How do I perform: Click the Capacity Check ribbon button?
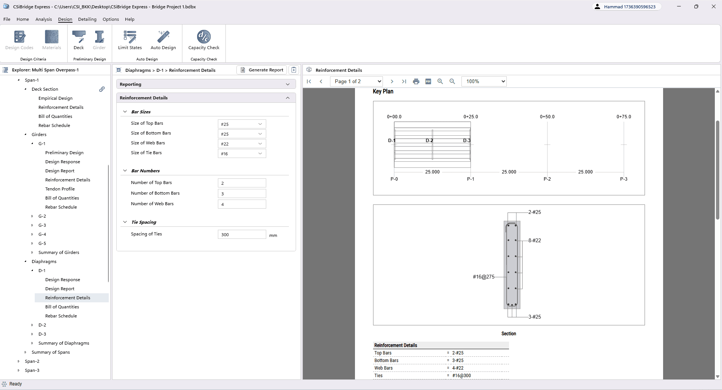204,40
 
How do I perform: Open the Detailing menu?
87,19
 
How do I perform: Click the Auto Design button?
163,40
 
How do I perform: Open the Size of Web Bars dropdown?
242,144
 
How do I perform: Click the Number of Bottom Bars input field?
242,193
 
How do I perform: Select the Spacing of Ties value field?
242,234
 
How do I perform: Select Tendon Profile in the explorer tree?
60,189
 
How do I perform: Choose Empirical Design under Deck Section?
56,98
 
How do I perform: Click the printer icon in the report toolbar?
416,81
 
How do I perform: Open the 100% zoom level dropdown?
484,81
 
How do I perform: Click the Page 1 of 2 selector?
356,81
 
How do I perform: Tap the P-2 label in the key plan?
547,179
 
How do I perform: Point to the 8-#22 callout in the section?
535,240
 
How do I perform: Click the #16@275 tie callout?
483,277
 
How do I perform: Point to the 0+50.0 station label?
547,117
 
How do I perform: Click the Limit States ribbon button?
130,40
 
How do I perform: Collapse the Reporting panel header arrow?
288,84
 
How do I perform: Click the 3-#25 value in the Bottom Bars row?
458,361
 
